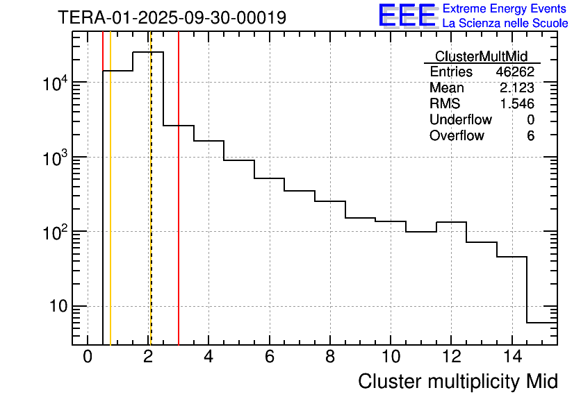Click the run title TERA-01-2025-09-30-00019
click(172, 17)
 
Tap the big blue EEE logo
click(407, 15)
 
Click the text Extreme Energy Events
click(505, 9)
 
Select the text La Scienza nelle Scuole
click(505, 24)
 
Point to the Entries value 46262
click(515, 72)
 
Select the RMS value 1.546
click(517, 104)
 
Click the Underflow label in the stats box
click(460, 120)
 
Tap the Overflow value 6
click(530, 136)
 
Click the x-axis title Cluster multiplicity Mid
click(457, 381)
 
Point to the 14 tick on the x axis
click(512, 357)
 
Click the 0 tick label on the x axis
click(88, 357)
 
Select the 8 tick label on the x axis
click(330, 357)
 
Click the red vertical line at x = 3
click(179, 208)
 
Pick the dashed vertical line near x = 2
click(150, 208)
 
